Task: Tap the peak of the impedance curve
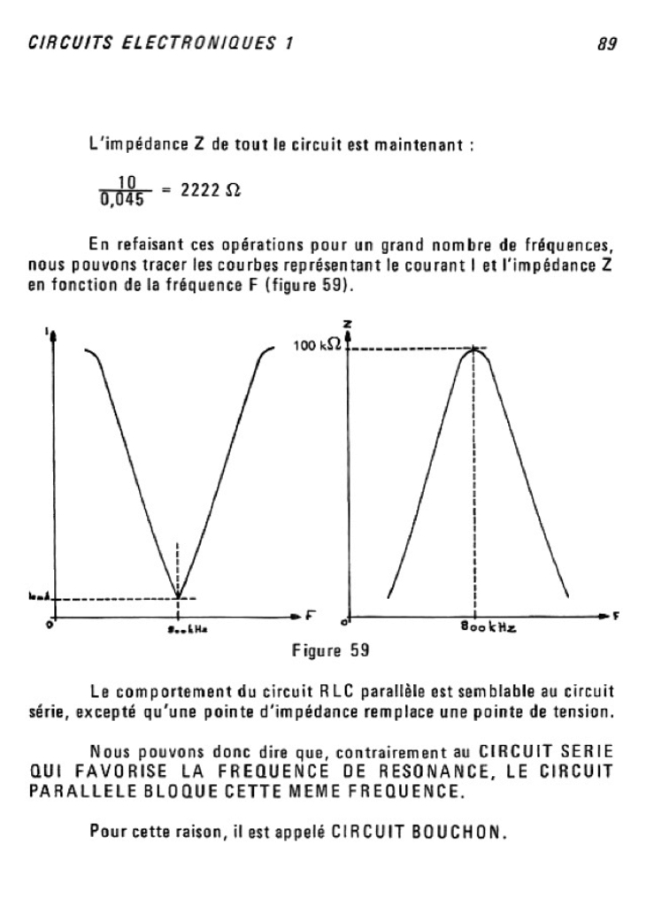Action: coord(475,349)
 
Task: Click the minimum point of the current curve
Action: coord(180,598)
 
